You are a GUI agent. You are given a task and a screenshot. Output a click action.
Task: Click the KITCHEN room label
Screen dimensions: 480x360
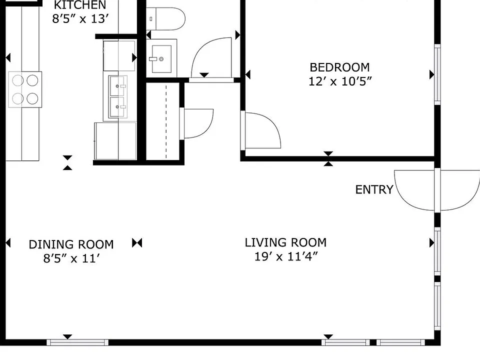(x=80, y=5)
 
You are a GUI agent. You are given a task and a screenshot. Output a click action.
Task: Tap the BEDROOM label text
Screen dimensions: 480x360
(x=339, y=67)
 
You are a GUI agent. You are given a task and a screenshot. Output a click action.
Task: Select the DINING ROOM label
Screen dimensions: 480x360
(x=71, y=244)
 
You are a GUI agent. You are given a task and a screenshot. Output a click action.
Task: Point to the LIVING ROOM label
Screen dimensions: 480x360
(x=285, y=242)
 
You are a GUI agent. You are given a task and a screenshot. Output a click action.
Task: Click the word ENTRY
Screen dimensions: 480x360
(x=374, y=190)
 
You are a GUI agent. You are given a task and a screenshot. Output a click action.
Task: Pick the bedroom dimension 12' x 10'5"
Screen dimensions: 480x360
(x=340, y=81)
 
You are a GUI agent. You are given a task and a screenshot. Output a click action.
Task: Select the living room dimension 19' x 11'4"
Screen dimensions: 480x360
(x=286, y=256)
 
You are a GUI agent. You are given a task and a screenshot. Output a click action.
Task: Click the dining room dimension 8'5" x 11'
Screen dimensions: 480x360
(x=71, y=258)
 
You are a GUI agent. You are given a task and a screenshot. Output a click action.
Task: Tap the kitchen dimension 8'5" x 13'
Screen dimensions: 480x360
(x=80, y=19)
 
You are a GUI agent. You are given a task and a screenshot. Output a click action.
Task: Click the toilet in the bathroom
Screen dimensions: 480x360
(x=165, y=18)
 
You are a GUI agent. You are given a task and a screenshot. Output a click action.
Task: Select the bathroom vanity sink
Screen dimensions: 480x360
(x=161, y=58)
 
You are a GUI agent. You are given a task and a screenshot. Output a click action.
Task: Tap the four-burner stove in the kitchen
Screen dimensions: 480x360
(x=25, y=89)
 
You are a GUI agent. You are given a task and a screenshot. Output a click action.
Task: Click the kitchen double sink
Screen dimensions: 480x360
(x=118, y=96)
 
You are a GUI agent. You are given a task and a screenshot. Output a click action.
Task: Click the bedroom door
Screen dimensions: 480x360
(x=261, y=130)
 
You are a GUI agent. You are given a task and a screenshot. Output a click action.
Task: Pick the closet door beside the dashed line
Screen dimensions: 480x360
(x=196, y=123)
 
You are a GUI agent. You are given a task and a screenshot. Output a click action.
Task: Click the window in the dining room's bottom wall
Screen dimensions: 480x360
(x=77, y=342)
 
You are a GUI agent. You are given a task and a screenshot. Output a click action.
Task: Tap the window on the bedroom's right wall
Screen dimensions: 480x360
(x=437, y=74)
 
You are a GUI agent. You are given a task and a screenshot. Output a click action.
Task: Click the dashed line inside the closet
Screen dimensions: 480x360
(x=166, y=122)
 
